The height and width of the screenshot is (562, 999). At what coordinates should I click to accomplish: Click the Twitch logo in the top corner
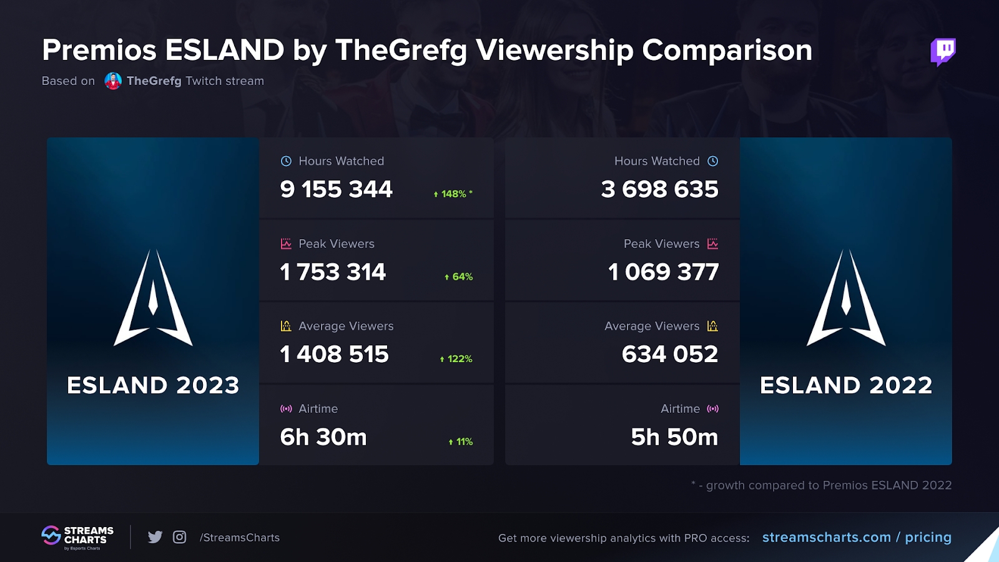tap(943, 51)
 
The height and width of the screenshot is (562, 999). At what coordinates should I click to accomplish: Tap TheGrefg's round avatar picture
tap(113, 81)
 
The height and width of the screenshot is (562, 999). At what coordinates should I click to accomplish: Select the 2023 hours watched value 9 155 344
tap(336, 189)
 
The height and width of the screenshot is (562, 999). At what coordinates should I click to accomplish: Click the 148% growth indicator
tap(453, 194)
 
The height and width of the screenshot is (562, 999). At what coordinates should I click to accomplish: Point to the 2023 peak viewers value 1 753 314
tap(333, 272)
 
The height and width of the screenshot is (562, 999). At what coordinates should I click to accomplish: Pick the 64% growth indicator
tap(459, 277)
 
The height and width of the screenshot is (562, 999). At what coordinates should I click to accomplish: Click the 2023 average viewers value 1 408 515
tap(334, 355)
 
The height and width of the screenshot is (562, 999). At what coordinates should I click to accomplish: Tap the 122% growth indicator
tap(456, 359)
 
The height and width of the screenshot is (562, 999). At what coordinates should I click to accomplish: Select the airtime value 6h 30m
tap(323, 437)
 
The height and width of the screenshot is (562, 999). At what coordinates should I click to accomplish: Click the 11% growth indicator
tap(461, 441)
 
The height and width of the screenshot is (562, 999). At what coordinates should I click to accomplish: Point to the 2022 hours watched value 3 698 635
tap(659, 189)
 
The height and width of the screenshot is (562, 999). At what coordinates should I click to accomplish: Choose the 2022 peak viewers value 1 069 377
tap(663, 272)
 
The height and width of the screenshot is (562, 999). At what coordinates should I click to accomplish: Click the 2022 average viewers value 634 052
tap(669, 355)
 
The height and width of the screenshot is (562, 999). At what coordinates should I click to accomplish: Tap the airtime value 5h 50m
tap(674, 437)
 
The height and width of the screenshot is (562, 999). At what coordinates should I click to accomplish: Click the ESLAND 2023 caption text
tap(153, 385)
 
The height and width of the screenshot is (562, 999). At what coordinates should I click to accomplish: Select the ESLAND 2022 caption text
tap(846, 385)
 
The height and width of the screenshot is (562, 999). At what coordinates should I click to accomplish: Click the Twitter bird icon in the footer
tap(155, 537)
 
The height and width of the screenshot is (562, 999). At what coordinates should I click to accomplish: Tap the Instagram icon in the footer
tap(179, 537)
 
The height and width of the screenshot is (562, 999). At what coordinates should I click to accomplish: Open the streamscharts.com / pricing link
tap(857, 537)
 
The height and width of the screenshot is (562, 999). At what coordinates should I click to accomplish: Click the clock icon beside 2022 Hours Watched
tap(713, 161)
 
